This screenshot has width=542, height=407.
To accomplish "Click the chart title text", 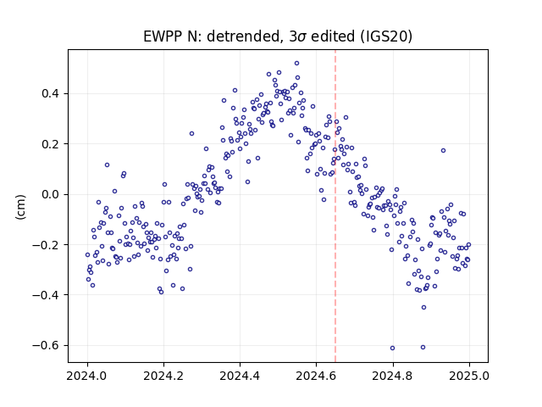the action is (x=278, y=36).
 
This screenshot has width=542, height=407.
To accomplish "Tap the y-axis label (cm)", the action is (x=20, y=207).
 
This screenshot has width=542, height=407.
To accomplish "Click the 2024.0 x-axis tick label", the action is (x=87, y=376).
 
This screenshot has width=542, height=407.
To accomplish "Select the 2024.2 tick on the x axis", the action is (x=163, y=376).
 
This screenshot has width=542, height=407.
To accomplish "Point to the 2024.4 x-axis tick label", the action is (x=240, y=376).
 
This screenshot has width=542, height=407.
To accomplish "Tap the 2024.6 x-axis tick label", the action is (x=316, y=376).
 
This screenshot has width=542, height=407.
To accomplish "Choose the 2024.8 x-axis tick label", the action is (x=393, y=376).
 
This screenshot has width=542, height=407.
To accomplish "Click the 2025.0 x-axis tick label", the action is (x=469, y=376).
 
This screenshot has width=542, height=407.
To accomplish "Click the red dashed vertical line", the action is (x=335, y=206).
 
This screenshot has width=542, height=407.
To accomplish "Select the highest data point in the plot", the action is (x=296, y=64).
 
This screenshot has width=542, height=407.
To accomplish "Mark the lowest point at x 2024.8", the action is (x=392, y=348).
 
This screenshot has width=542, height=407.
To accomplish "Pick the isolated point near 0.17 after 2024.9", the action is (x=443, y=151).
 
